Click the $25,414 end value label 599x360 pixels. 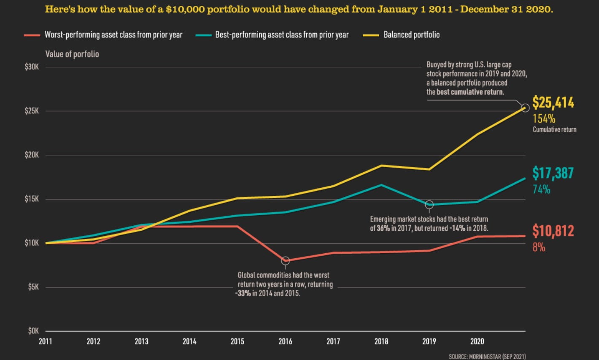point(553,103)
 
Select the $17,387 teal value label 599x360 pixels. point(553,173)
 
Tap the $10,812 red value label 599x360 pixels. point(553,231)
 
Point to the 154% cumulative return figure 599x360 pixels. point(544,119)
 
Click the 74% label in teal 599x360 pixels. point(541,189)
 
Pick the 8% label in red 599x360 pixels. point(539,247)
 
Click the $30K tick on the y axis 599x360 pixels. point(32,67)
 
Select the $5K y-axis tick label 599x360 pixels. point(33,287)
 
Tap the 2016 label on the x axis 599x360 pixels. point(285,341)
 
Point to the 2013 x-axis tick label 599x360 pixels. point(141,341)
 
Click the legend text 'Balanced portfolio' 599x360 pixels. point(411,35)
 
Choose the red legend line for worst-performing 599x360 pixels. point(32,35)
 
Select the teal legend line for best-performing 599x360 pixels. point(203,35)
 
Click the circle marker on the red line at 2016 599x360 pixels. point(285,261)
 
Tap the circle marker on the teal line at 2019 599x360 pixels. point(429,205)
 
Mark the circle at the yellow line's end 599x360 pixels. point(525,108)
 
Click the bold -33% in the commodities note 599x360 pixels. point(243,293)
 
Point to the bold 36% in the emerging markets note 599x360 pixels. point(383,228)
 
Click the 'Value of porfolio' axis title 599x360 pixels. point(72,54)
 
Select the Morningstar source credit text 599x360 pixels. point(487,357)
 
